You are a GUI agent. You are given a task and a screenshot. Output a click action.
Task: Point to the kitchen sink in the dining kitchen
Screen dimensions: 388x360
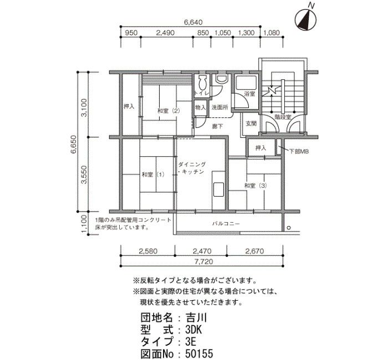218,189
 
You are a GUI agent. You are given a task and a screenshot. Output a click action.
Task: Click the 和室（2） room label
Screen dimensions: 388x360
169,111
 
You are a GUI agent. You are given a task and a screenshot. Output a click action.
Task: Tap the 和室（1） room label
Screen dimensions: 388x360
153,174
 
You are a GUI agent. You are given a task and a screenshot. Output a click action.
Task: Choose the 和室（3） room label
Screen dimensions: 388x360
256,186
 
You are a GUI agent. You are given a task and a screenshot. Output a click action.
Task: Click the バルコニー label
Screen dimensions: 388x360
226,224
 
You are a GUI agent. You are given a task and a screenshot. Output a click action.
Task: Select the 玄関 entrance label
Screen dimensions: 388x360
251,124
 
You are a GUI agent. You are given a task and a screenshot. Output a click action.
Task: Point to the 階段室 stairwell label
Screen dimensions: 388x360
283,117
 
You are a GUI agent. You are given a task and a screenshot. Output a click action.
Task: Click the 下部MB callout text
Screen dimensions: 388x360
299,152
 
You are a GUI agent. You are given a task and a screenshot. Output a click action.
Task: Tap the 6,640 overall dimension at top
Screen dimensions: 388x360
193,22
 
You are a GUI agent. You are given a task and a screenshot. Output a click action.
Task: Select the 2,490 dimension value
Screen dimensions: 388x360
165,33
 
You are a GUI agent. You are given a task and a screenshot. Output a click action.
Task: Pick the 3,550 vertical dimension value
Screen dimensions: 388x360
84,174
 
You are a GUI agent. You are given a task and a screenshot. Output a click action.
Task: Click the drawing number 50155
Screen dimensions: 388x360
199,354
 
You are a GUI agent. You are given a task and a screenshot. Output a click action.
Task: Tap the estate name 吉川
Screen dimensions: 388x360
196,318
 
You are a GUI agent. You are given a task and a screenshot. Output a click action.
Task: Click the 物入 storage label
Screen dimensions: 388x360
200,107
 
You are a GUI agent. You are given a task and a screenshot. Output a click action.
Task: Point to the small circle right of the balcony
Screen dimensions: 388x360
289,228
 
